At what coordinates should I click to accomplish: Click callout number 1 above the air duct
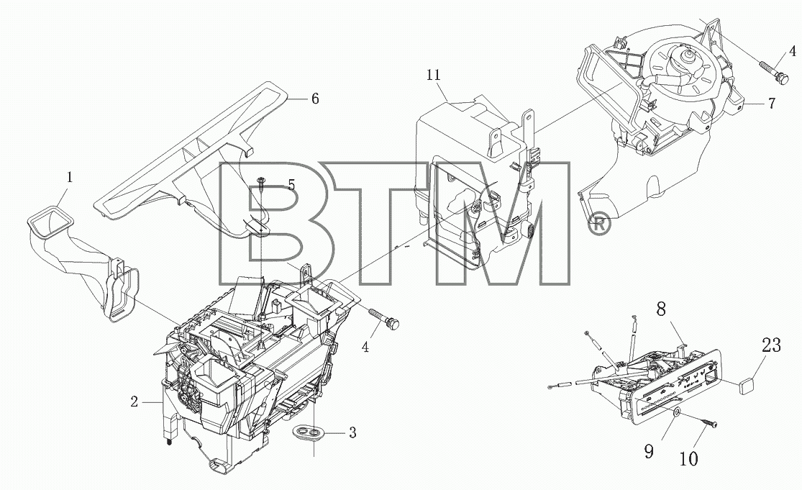pyautogui.click(x=70, y=178)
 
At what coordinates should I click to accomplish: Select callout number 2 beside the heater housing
pyautogui.click(x=134, y=402)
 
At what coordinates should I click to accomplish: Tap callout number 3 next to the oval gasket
pyautogui.click(x=352, y=432)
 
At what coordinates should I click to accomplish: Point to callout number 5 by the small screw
pyautogui.click(x=291, y=185)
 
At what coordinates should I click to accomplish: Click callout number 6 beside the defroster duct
pyautogui.click(x=315, y=98)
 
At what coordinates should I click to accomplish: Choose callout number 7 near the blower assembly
pyautogui.click(x=771, y=103)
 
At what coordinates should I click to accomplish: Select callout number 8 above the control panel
pyautogui.click(x=661, y=309)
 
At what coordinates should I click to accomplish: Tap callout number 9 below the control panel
pyautogui.click(x=649, y=451)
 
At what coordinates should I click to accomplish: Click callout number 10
pyautogui.click(x=689, y=459)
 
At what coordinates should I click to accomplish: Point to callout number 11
pyautogui.click(x=433, y=75)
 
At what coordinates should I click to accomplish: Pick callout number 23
pyautogui.click(x=771, y=345)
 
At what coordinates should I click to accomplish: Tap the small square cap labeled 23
pyautogui.click(x=747, y=386)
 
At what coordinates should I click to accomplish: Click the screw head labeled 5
pyautogui.click(x=261, y=180)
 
